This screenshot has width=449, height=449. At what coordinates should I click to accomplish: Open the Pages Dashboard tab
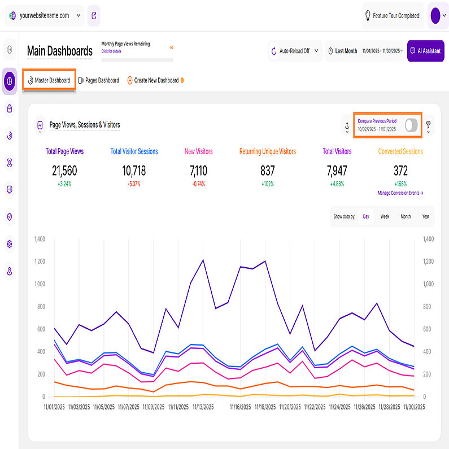pyautogui.click(x=99, y=80)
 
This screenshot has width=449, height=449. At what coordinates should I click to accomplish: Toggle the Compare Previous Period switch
pyautogui.click(x=412, y=125)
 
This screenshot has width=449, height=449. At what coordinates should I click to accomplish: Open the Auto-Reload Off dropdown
pyautogui.click(x=294, y=51)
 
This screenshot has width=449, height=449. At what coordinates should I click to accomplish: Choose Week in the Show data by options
pyautogui.click(x=385, y=216)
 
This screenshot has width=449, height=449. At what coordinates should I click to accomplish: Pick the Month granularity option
pyautogui.click(x=406, y=216)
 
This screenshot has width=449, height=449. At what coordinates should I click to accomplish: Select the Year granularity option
pyautogui.click(x=425, y=216)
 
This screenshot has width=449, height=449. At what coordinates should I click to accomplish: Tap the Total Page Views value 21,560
pyautogui.click(x=64, y=171)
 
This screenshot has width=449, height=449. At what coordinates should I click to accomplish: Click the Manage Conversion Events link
pyautogui.click(x=400, y=193)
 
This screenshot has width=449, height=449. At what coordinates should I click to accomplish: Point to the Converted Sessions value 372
pyautogui.click(x=400, y=171)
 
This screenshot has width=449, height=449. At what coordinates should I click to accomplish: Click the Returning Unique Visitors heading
pyautogui.click(x=267, y=151)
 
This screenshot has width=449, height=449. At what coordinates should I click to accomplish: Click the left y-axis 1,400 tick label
pyautogui.click(x=39, y=239)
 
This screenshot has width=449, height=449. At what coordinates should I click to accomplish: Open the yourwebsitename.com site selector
pyautogui.click(x=43, y=16)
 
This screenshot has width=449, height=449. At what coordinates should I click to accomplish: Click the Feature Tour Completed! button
pyautogui.click(x=393, y=16)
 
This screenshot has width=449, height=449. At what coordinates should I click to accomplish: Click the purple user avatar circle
pyautogui.click(x=435, y=16)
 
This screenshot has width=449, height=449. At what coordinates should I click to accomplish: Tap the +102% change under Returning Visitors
pyautogui.click(x=267, y=184)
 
